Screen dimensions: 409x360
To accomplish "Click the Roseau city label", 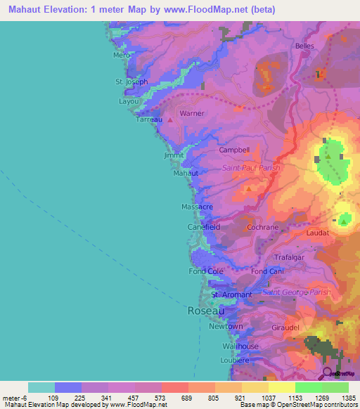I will click(206, 310).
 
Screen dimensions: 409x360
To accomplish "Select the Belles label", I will click(304, 46).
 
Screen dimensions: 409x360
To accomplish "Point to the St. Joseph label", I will click(131, 82).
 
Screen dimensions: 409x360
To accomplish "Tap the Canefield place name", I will click(204, 228).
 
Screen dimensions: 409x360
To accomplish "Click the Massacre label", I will click(197, 207).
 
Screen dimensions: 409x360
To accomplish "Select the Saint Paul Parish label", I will click(251, 168).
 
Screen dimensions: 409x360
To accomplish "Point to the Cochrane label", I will click(264, 228).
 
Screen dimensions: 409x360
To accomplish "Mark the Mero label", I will click(121, 55).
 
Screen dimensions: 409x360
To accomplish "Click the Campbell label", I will click(234, 150).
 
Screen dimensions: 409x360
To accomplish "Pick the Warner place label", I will click(192, 113).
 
